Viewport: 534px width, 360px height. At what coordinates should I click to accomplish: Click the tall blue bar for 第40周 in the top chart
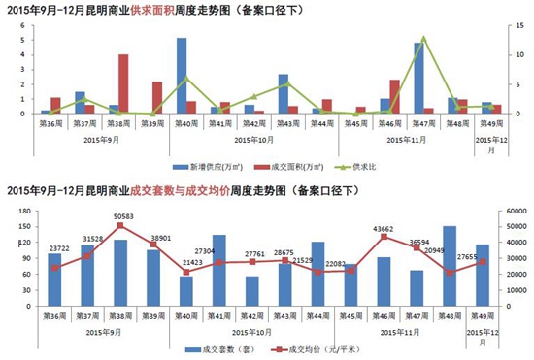(182, 76)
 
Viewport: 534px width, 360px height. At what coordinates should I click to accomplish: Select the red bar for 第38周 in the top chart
(123, 84)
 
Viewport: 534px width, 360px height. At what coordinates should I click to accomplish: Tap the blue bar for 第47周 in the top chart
(417, 79)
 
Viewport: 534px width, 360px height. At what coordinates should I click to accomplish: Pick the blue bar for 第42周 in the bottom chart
(253, 291)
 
